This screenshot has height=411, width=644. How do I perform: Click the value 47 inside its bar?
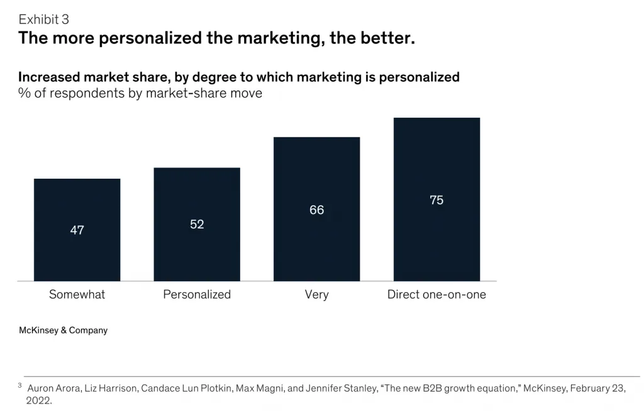point(77,230)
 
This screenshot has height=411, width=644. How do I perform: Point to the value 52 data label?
point(197,224)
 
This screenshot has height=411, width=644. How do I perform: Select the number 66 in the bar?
point(316,210)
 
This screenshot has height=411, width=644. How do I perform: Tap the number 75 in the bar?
point(436,200)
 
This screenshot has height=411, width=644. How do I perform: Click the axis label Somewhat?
point(77,295)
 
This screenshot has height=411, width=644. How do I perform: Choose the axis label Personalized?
point(197,295)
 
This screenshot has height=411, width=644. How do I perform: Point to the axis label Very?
point(316,295)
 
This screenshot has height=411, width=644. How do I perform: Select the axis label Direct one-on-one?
point(436,295)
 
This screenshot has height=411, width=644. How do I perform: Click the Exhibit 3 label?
point(44,20)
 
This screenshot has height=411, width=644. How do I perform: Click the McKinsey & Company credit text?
point(63,330)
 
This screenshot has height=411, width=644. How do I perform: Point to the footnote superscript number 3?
point(20,385)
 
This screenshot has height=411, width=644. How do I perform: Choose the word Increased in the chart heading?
point(51,77)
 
